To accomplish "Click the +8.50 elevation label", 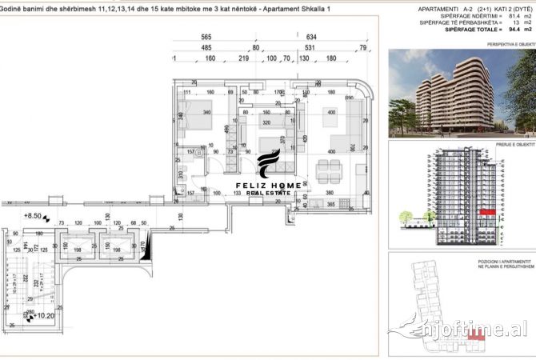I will [x=32, y=215].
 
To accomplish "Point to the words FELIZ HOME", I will [x=268, y=186].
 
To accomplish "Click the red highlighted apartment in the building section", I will [x=486, y=210].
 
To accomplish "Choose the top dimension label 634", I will [x=311, y=38].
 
